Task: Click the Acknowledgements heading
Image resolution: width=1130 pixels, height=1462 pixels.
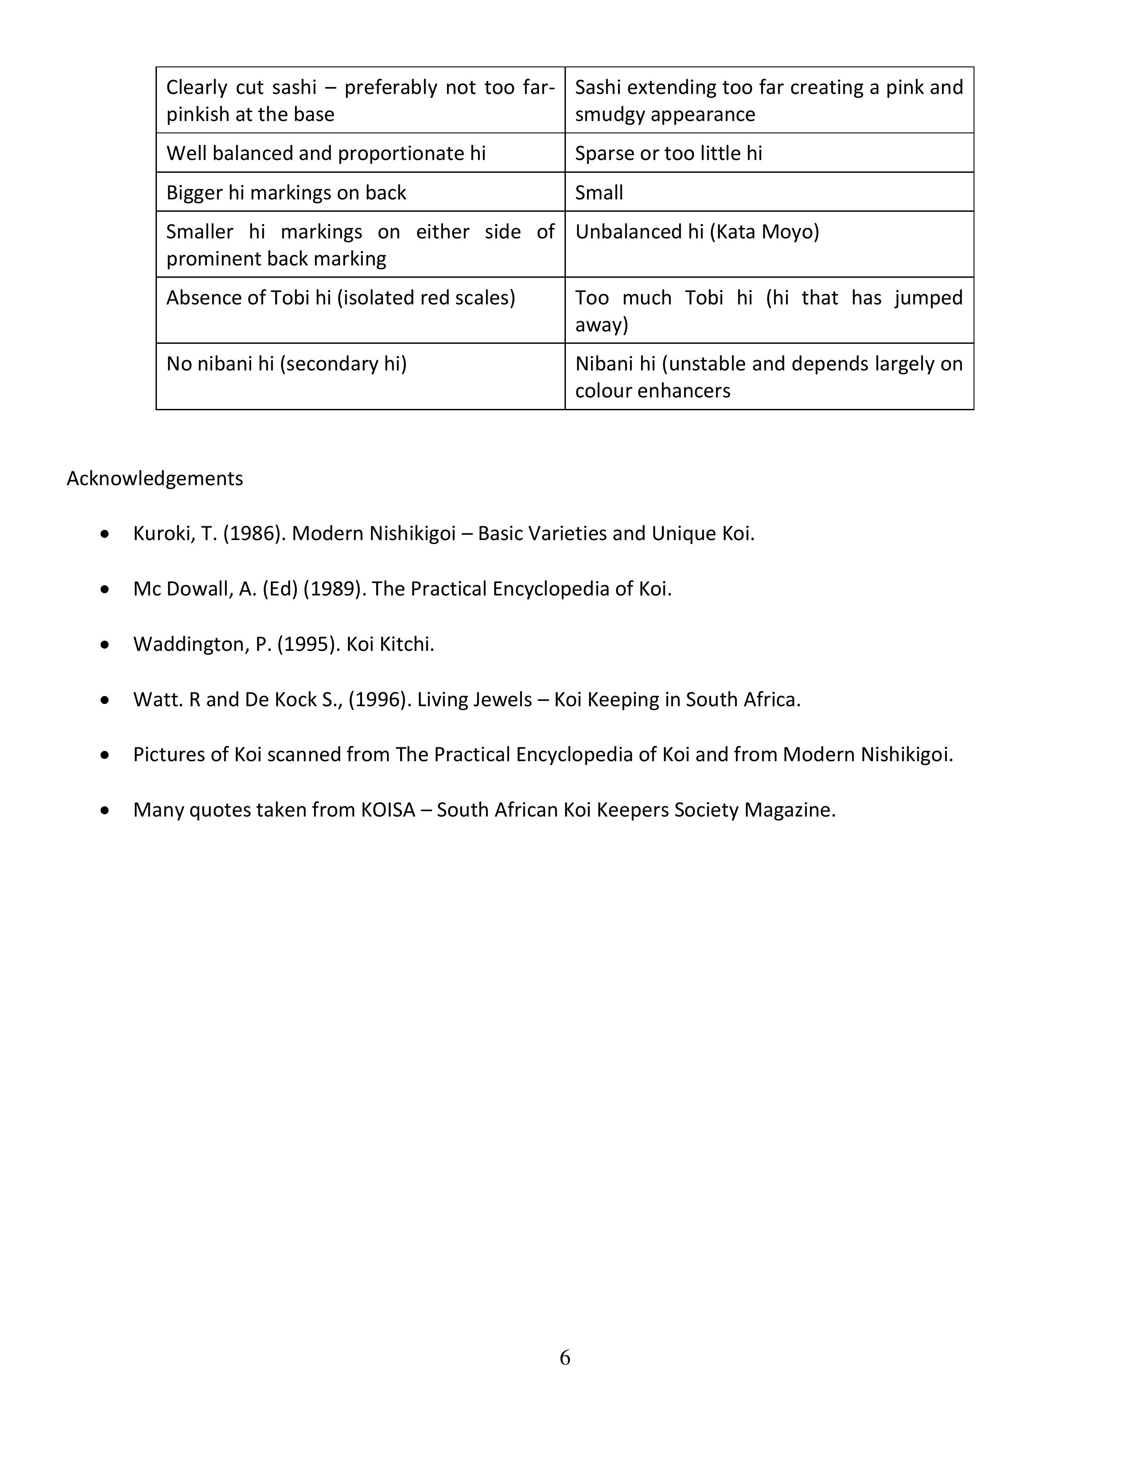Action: point(155,478)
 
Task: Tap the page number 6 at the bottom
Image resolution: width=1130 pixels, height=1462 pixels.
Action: point(564,1357)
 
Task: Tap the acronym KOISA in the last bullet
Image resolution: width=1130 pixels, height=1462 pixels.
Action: point(388,810)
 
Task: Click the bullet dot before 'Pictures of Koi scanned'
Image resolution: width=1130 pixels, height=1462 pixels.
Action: point(105,755)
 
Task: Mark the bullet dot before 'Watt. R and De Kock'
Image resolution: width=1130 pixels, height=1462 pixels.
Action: point(105,700)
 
